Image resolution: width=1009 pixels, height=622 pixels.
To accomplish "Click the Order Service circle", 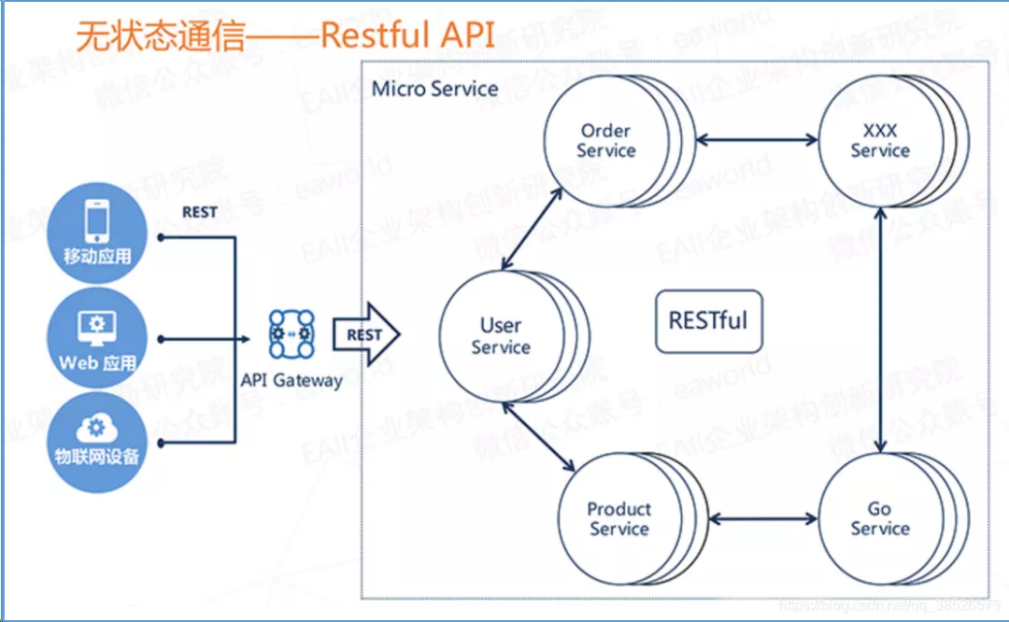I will [605, 140].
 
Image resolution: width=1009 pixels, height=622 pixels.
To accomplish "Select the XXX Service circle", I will [879, 140].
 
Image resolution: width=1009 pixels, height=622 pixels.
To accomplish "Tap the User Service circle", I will [501, 336].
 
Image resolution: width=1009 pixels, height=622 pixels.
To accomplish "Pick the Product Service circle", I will [618, 518].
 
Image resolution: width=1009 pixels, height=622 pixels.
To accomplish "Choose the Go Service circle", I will [879, 518].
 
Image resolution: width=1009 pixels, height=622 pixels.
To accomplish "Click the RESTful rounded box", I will [708, 321].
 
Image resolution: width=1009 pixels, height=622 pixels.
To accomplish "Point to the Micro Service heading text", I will [434, 89].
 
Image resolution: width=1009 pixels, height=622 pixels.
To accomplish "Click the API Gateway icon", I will [291, 334].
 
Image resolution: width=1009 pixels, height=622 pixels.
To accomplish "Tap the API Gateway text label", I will [291, 380].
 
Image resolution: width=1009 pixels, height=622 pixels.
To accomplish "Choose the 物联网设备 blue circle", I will [97, 443].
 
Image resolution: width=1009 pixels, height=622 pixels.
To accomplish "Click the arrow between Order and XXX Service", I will [759, 140].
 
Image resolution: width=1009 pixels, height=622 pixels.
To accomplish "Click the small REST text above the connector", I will [199, 212].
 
